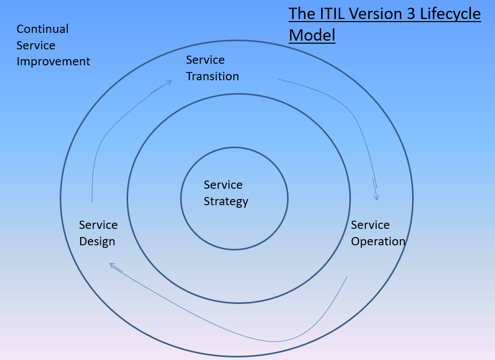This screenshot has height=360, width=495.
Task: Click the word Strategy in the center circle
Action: click(x=226, y=201)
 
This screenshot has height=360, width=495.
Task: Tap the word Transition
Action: click(x=213, y=76)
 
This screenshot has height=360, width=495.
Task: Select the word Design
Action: click(x=97, y=241)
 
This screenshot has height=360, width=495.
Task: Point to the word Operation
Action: click(x=378, y=241)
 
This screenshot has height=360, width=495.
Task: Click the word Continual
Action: click(x=43, y=29)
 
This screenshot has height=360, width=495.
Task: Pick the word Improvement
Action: click(x=53, y=61)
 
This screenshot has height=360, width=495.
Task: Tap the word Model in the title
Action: click(x=312, y=35)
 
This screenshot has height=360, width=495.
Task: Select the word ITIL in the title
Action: click(x=329, y=14)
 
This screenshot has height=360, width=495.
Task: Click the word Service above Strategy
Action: click(x=223, y=185)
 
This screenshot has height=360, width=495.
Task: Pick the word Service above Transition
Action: click(x=205, y=60)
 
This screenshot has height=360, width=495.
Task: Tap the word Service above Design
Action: click(x=98, y=225)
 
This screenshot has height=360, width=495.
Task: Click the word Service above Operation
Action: click(x=370, y=225)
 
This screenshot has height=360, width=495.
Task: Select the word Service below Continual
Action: click(x=36, y=45)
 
